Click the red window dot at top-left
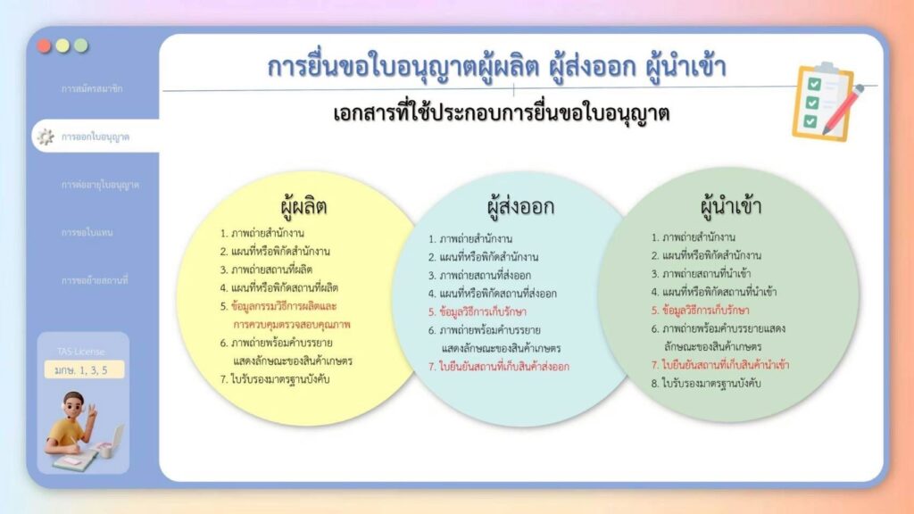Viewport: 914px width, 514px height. [x=45, y=46]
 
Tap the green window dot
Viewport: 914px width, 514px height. [x=81, y=46]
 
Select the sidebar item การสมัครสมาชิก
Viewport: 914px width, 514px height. [x=92, y=89]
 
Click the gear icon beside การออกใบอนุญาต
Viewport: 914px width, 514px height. [x=46, y=137]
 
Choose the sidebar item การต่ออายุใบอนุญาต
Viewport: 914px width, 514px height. [x=100, y=185]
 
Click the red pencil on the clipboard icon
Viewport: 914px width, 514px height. [x=843, y=111]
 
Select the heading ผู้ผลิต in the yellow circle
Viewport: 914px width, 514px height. [x=303, y=207]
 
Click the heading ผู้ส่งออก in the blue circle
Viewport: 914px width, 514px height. [x=520, y=207]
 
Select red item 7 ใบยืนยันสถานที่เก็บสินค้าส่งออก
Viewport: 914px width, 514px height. [x=498, y=366]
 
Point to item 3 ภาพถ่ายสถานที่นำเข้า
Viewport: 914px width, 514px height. [x=705, y=274]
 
